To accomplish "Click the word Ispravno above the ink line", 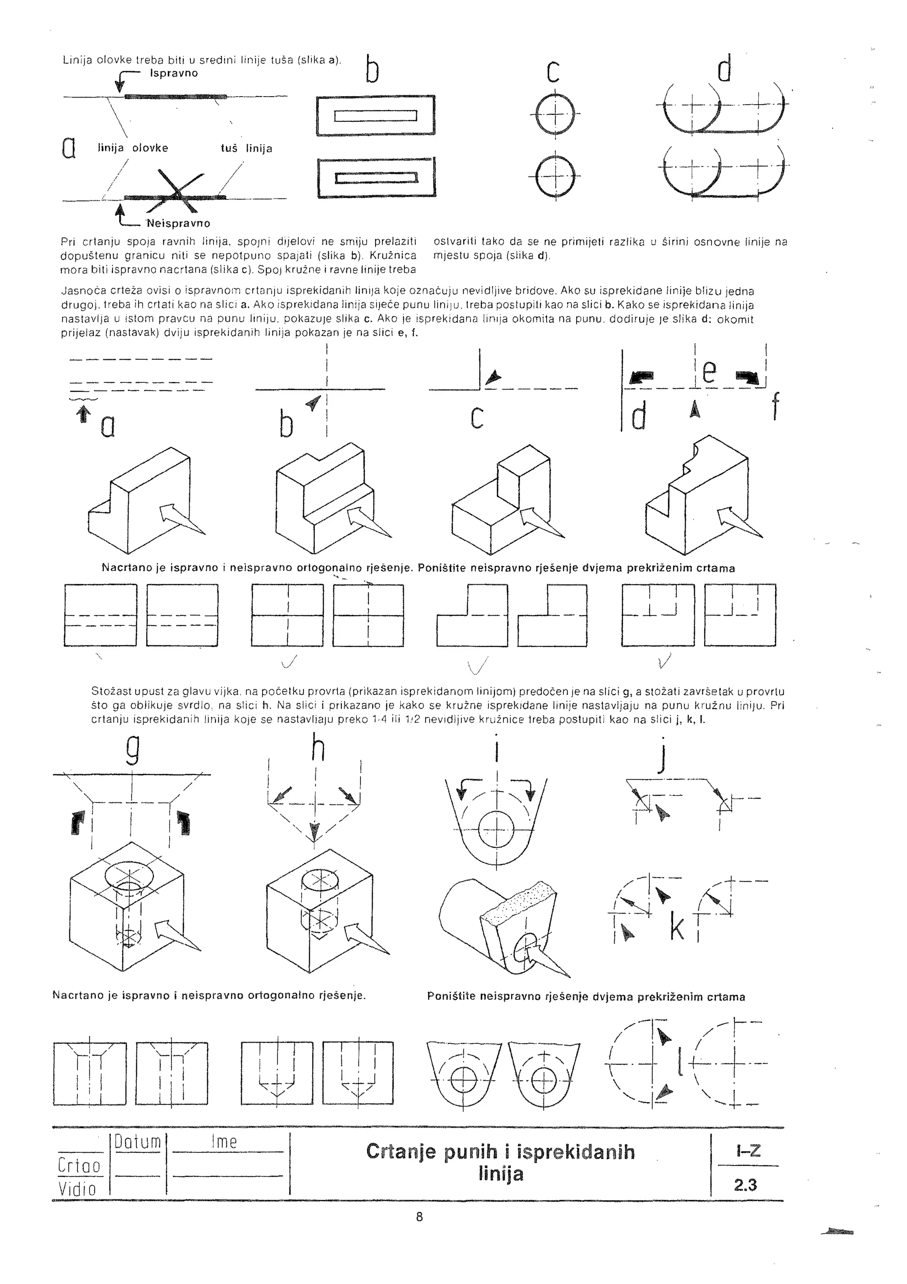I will (174, 73).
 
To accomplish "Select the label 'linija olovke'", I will (133, 148).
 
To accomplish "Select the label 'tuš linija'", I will (246, 149).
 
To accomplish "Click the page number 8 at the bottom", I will (420, 1216).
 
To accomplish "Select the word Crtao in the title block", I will (79, 1166).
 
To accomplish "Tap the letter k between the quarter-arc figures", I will (677, 929).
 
